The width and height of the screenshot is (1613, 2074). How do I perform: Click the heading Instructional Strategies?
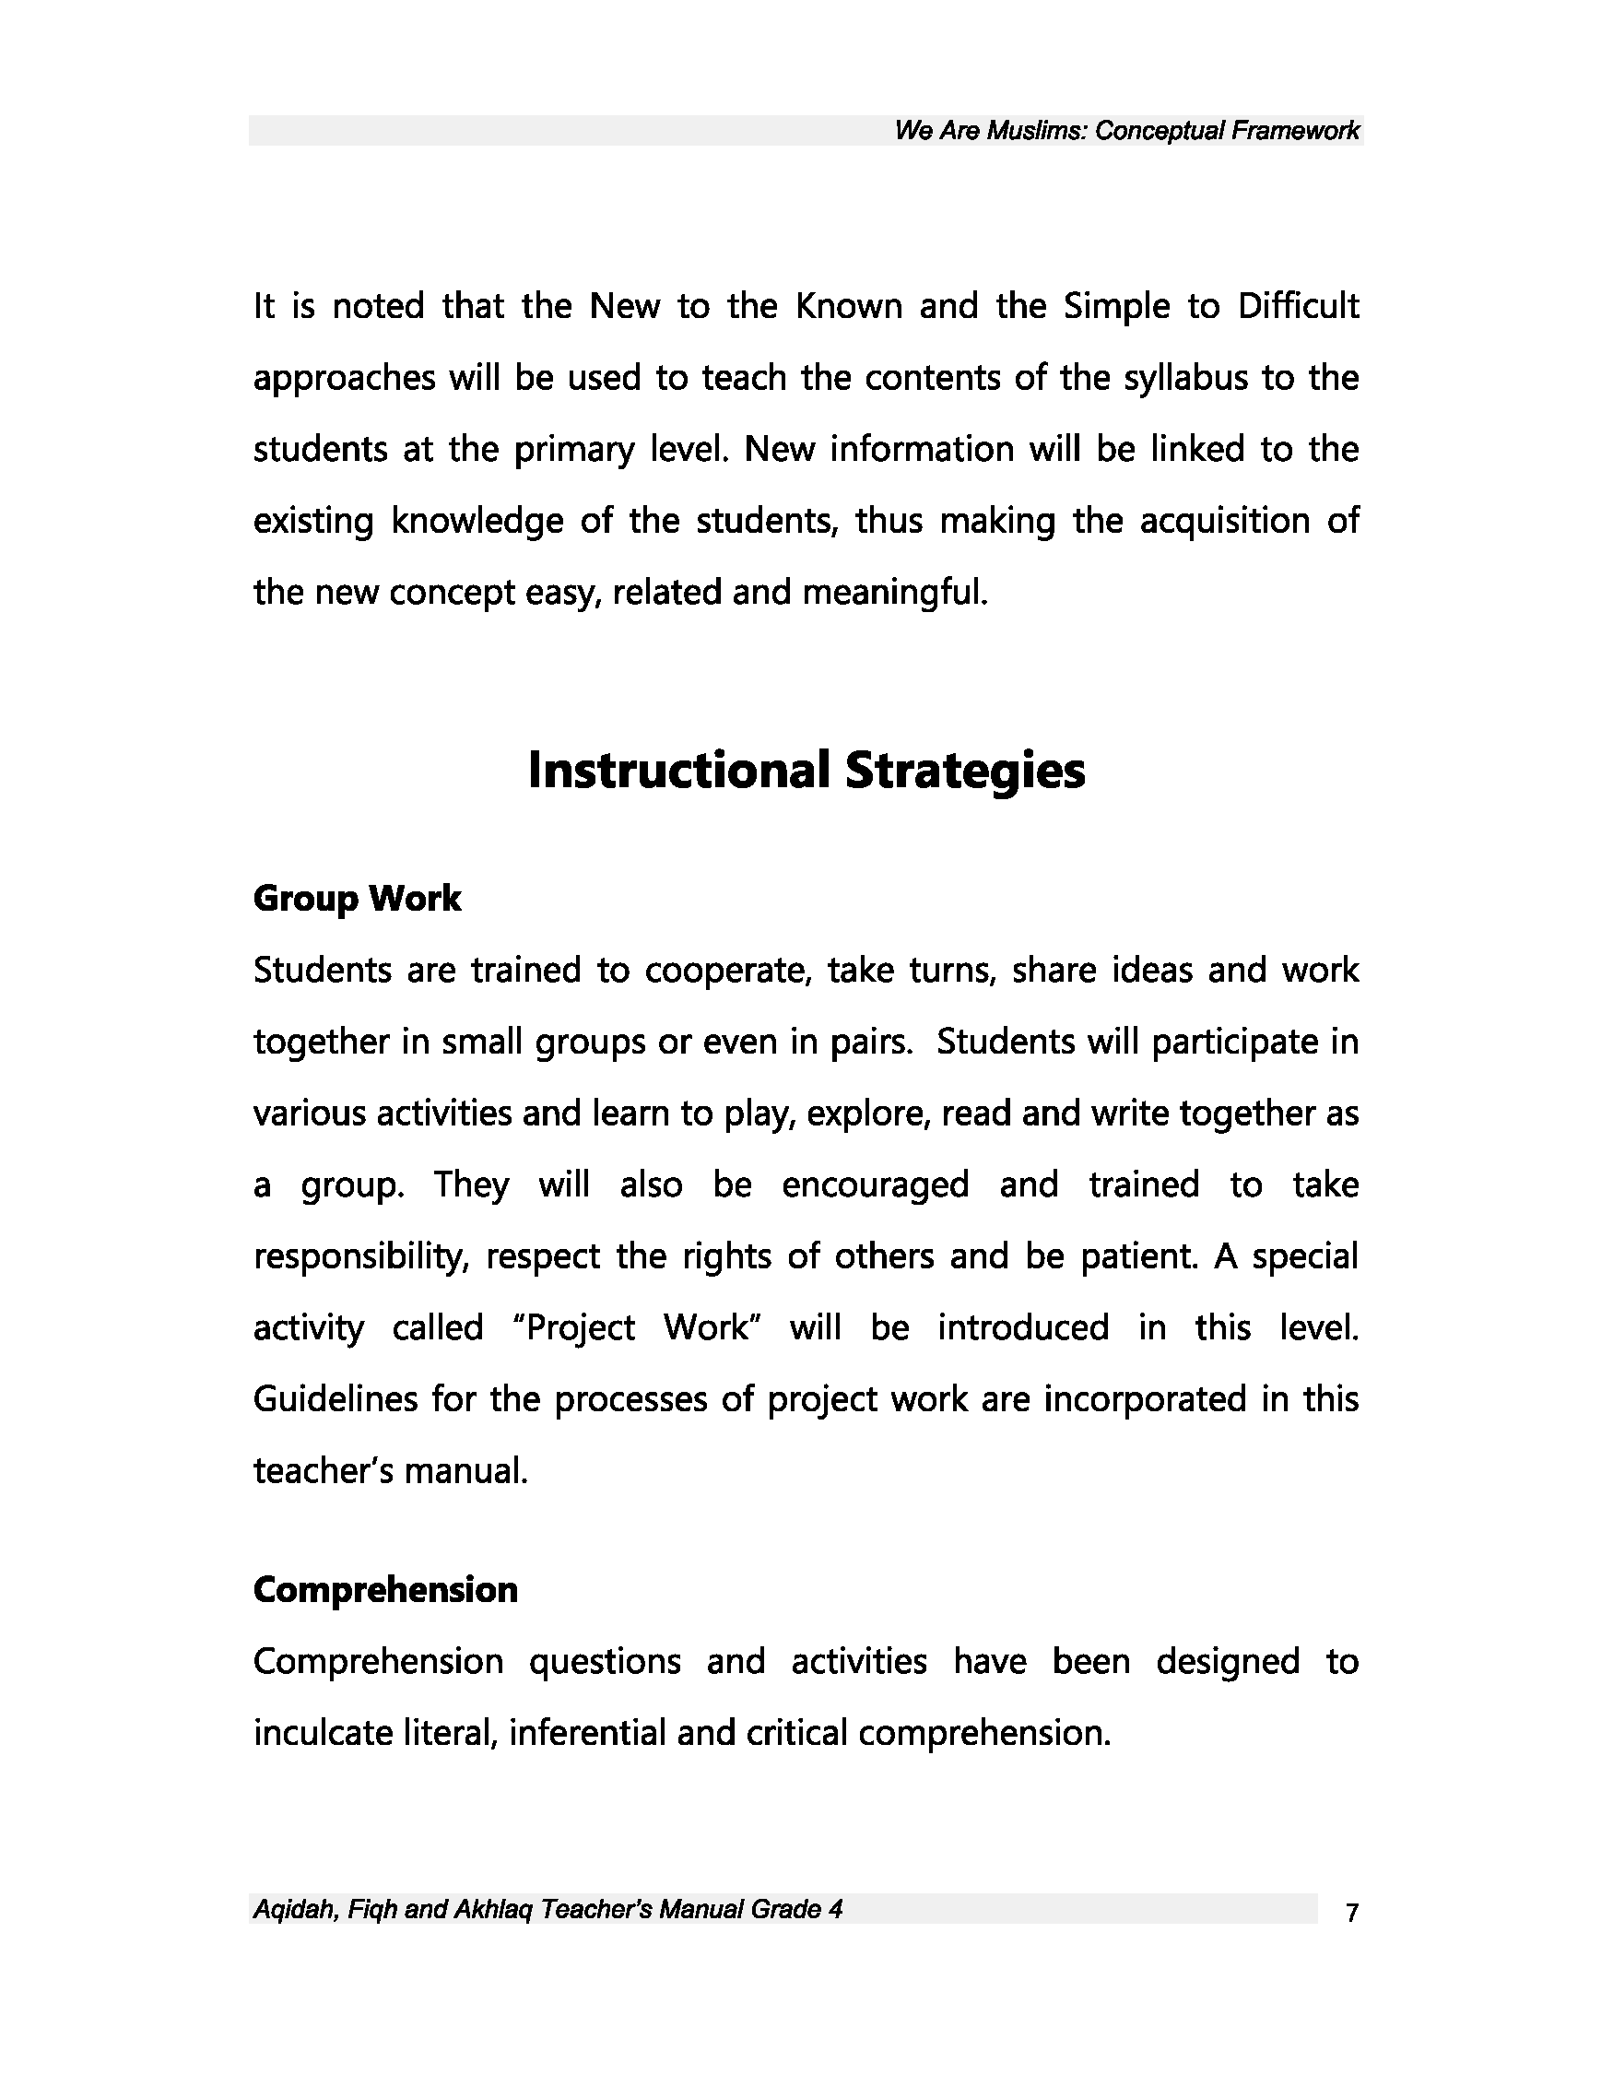tap(806, 771)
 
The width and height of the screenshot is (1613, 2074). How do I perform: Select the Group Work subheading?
tap(357, 899)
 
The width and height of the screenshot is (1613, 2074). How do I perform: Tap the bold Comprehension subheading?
tap(385, 1590)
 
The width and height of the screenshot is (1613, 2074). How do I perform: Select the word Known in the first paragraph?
tap(849, 307)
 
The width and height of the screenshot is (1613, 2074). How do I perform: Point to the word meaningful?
tap(895, 593)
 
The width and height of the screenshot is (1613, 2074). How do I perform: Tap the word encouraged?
tap(876, 1185)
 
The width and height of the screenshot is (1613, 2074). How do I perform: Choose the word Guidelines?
tap(336, 1400)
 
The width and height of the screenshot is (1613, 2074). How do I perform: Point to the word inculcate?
tap(319, 1733)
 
